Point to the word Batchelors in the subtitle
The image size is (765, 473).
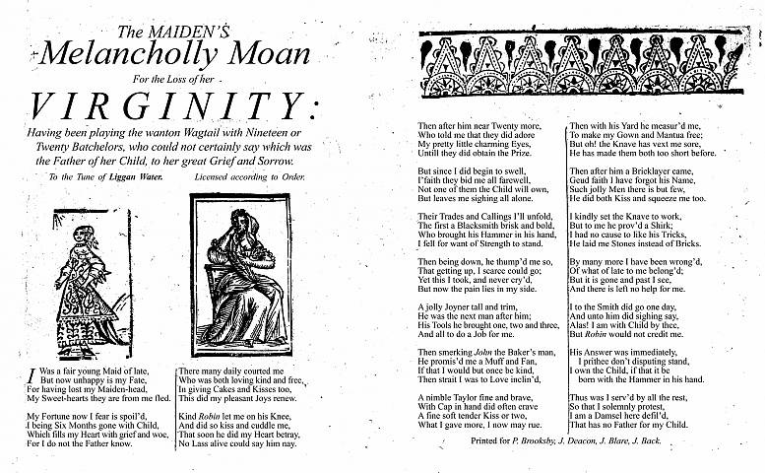[90, 146]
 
